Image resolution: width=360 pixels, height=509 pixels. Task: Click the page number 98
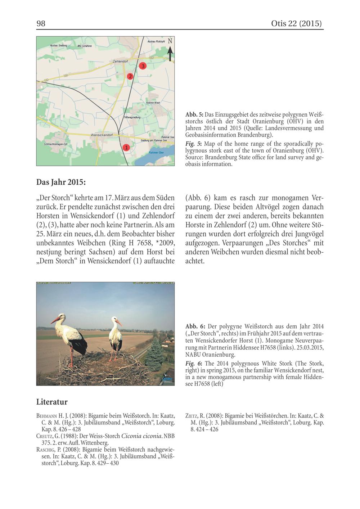(x=41, y=24)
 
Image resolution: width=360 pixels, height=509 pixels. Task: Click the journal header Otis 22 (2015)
(x=297, y=24)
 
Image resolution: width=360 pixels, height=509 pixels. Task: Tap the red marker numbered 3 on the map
(x=143, y=66)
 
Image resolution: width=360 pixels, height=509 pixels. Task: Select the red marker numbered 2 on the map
(x=130, y=76)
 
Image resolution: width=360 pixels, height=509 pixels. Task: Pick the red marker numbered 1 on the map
(x=126, y=147)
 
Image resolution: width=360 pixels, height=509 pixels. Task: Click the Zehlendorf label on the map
(x=120, y=62)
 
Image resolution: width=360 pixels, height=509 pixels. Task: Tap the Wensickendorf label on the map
(x=102, y=135)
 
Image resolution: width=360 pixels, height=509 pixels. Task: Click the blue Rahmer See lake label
(x=156, y=153)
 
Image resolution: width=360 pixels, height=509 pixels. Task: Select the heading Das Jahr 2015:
(x=61, y=182)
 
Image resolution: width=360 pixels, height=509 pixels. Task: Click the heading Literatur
(x=52, y=402)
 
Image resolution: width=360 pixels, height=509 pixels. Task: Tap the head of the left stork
(x=62, y=317)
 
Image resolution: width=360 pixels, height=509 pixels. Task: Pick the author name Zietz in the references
(x=193, y=416)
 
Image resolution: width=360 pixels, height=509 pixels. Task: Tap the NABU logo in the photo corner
(x=167, y=379)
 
